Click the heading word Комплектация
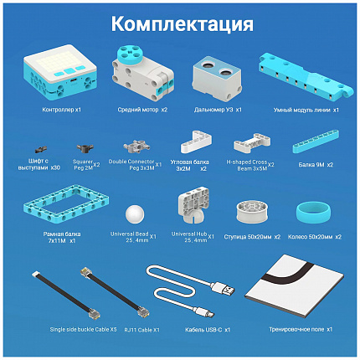pos(181,23)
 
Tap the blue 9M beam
pos(315,145)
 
